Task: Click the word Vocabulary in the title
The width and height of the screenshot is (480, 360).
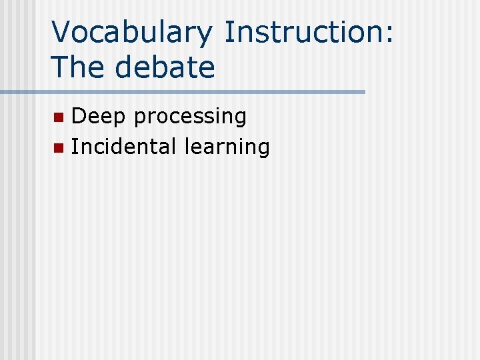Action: (132, 33)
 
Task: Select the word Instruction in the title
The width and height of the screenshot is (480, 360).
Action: (303, 33)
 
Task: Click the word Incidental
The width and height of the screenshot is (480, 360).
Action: (125, 146)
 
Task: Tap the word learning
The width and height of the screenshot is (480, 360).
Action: (227, 147)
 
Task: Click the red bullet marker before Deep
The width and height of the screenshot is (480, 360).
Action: (59, 118)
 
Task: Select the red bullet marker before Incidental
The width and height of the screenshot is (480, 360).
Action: (59, 147)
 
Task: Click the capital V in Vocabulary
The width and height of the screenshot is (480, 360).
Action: (62, 33)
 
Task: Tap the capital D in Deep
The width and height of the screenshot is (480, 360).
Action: (79, 117)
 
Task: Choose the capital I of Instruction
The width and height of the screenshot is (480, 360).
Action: (228, 33)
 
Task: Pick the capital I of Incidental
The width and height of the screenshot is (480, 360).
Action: (74, 146)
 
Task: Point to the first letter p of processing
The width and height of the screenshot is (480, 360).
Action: (139, 119)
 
